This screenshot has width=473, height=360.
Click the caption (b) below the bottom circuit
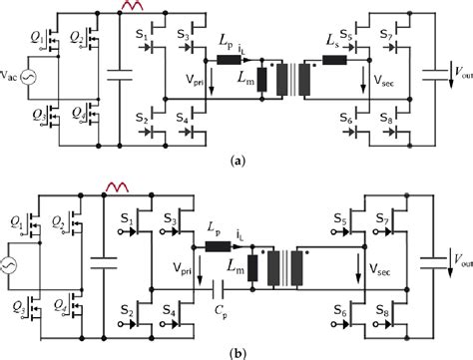tap(236, 351)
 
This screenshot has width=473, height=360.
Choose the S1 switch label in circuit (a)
tap(141, 38)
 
